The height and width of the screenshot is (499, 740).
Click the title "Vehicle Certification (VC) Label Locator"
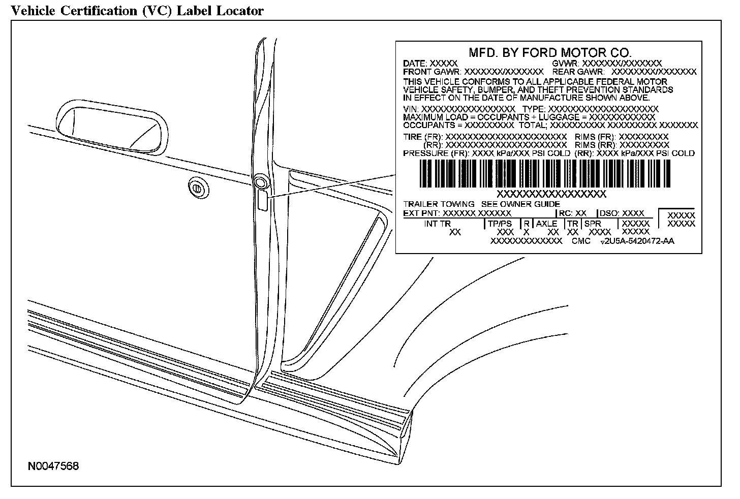click(137, 10)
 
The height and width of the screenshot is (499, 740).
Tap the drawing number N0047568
click(53, 466)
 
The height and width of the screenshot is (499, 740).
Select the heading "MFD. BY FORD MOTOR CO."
click(549, 52)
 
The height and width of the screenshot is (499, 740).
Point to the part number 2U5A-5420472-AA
click(641, 241)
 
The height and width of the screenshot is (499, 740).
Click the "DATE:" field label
click(415, 64)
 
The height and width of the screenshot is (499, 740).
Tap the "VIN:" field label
click(412, 109)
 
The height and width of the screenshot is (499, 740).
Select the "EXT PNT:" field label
click(422, 213)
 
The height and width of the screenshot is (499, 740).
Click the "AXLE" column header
click(546, 224)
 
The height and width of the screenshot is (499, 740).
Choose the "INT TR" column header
click(438, 224)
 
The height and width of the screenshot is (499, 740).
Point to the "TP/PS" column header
click(500, 224)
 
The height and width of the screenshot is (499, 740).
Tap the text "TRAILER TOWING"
click(439, 204)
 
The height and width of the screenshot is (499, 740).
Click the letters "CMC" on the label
click(581, 241)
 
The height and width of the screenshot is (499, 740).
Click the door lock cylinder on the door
click(196, 188)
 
